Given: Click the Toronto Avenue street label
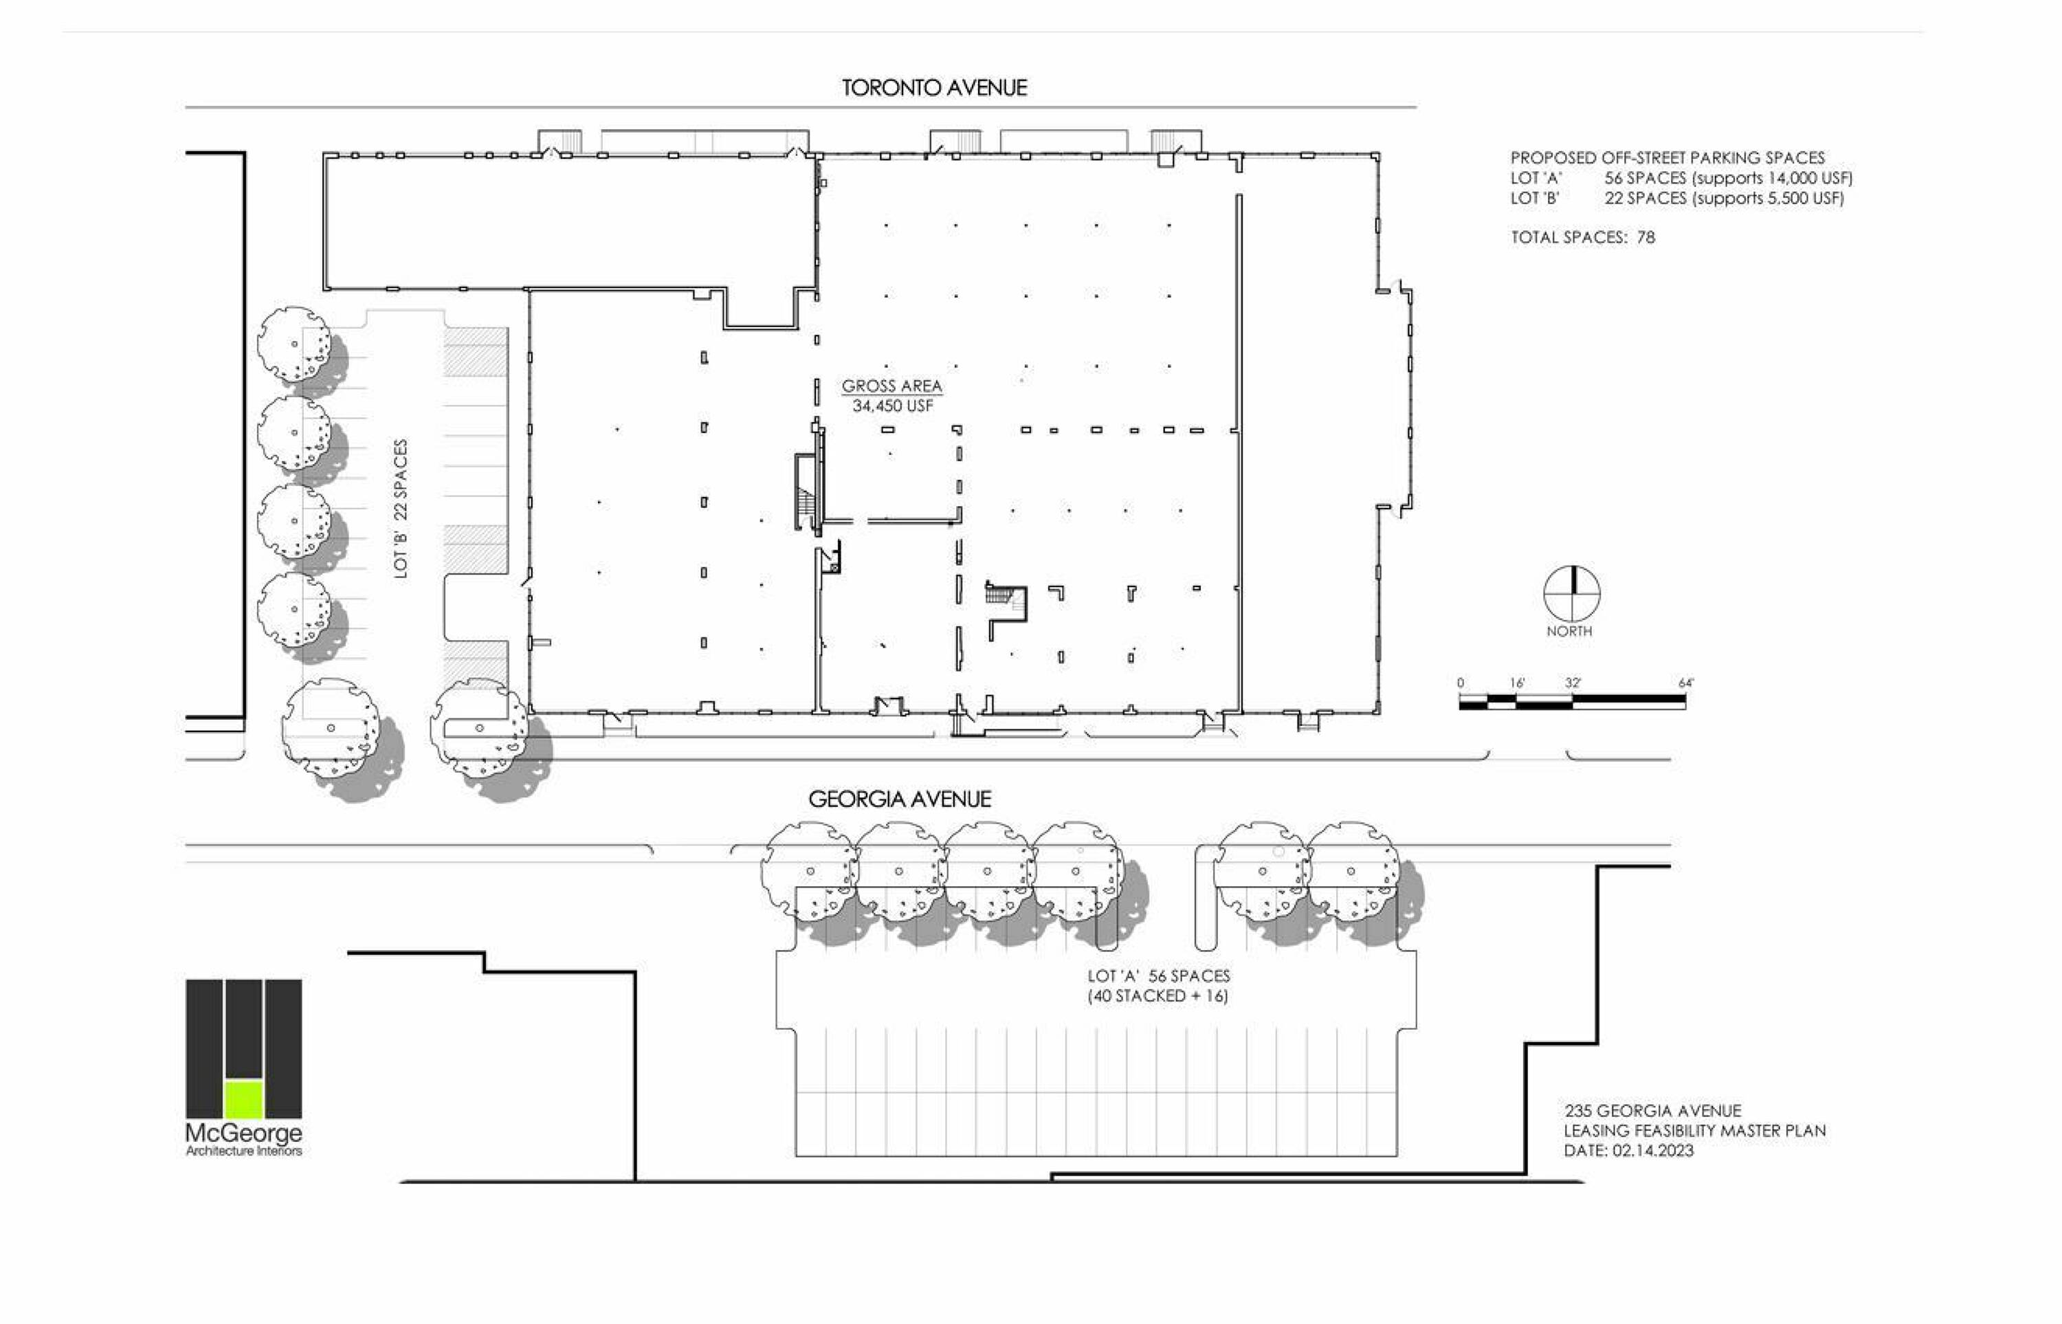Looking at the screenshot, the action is [x=934, y=88].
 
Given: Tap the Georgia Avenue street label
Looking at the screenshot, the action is [x=900, y=799].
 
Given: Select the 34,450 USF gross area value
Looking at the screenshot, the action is [x=892, y=406].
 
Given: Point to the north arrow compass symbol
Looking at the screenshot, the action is [x=1572, y=594].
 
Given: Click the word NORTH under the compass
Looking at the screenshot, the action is [x=1569, y=631].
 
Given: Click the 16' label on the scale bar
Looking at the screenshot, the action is [x=1517, y=683].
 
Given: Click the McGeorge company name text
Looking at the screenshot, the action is [x=244, y=1133].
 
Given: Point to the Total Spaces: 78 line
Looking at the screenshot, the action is [x=1582, y=237].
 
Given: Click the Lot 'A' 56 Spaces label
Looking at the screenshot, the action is [x=1159, y=975].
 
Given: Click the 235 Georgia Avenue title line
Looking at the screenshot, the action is [x=1653, y=1111].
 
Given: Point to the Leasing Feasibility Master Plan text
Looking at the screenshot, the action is [x=1695, y=1131].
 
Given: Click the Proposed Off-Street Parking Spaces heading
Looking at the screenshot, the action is [x=1667, y=158].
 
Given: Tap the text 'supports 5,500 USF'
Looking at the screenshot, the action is [x=1767, y=199].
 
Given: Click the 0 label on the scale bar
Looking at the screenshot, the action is [x=1461, y=683].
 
